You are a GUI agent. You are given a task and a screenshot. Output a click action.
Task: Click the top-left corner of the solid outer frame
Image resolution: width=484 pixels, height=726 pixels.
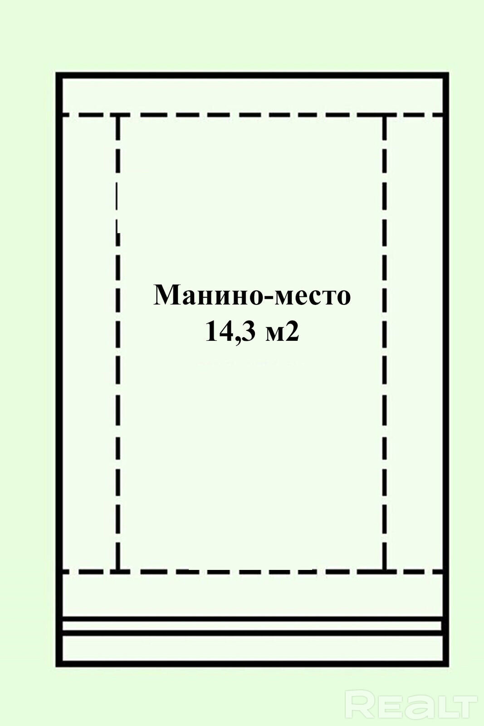coord(59,75)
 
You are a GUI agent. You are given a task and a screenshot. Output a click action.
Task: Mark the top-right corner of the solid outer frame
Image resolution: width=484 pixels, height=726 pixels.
coord(446,75)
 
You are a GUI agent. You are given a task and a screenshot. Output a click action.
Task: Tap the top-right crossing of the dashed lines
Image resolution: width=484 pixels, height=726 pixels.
coord(385,115)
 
